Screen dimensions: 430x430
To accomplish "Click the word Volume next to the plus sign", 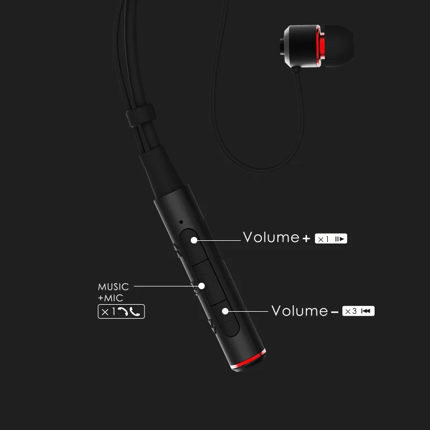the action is point(271,237).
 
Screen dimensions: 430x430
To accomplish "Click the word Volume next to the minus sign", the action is point(299,311).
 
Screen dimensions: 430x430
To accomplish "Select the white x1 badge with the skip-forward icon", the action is point(331,238).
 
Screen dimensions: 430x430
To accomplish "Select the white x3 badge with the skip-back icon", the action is point(360,311).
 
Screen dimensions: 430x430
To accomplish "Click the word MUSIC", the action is point(113,286).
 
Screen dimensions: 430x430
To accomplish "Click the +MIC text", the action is point(110,298).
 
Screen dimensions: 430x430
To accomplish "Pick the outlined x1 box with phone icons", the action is point(121,311).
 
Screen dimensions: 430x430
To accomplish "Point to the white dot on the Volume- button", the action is point(225,311).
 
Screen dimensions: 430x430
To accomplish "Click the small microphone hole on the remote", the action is point(182,221).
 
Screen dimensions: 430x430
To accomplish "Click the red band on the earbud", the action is point(320,47).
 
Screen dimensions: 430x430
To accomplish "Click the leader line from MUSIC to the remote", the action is point(164,286).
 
